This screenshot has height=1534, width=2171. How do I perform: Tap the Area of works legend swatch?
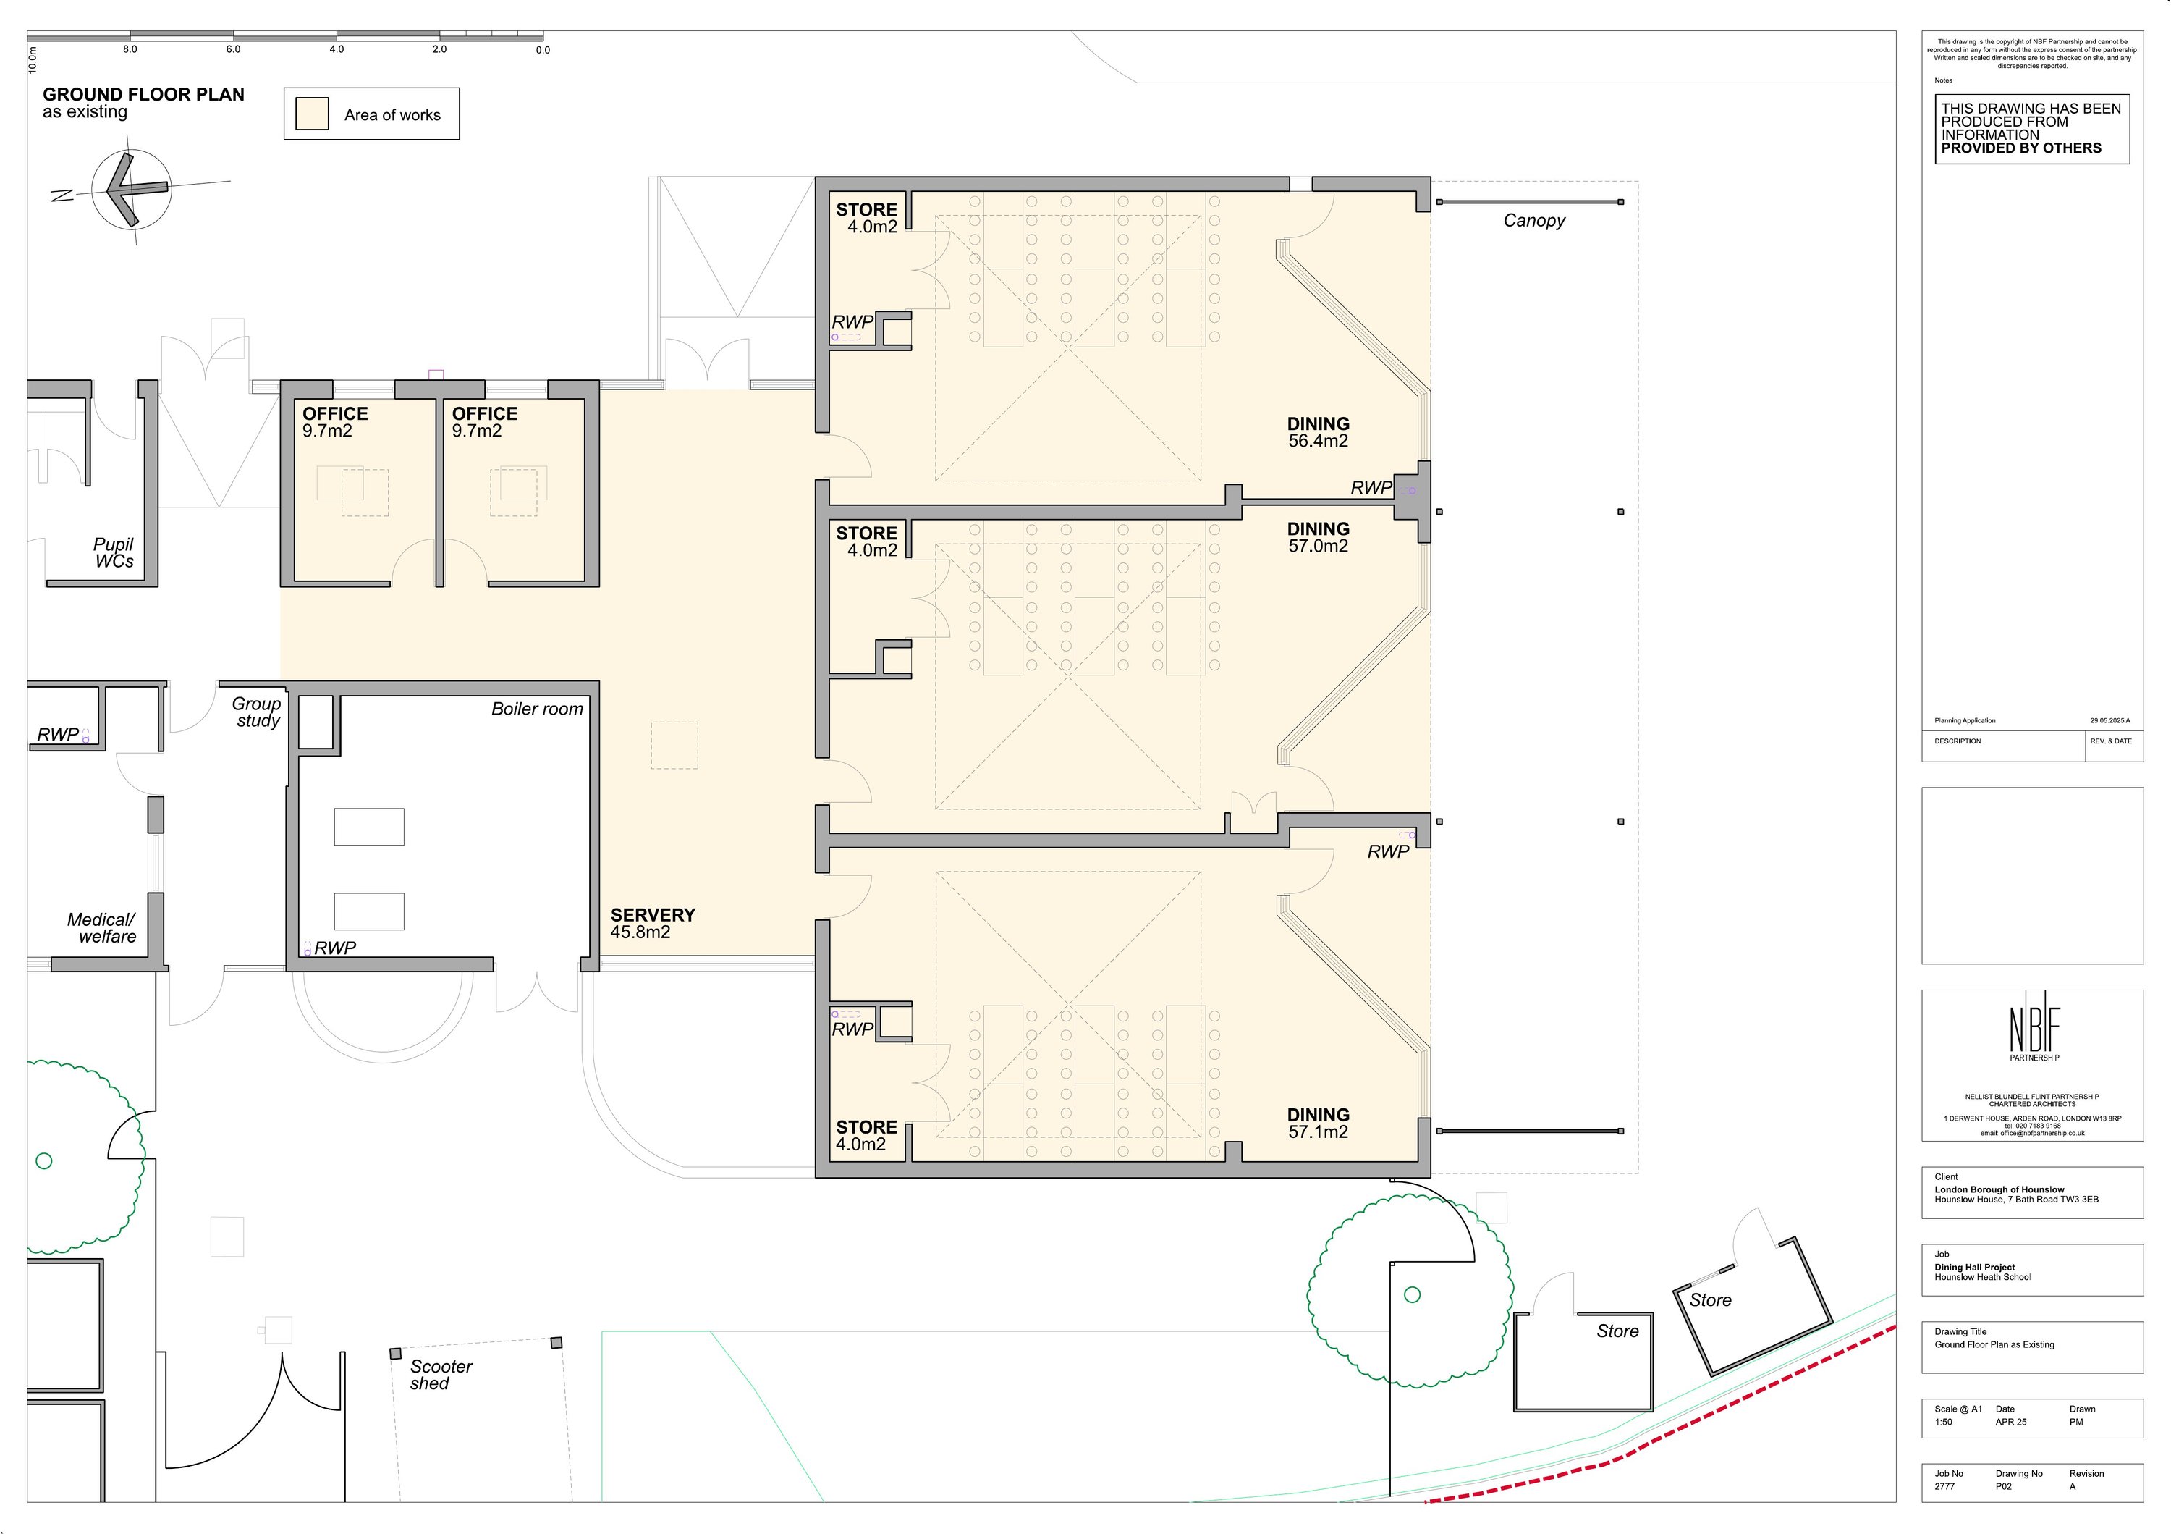pos(312,114)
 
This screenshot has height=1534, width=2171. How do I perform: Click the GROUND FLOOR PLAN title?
pos(144,95)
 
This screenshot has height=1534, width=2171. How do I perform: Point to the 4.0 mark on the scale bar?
pos(337,49)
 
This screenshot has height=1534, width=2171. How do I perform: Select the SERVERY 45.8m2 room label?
pos(653,923)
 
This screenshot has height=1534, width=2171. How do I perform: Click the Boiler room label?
pos(537,709)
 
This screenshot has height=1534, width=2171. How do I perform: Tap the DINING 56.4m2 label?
pos(1318,432)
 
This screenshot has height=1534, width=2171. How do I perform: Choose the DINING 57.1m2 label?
pos(1318,1124)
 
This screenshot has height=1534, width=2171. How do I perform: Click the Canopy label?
pos(1533,220)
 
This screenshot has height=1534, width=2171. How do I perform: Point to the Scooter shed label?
pos(441,1374)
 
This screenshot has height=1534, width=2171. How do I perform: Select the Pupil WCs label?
pos(114,552)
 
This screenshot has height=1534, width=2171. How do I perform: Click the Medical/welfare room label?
pos(102,928)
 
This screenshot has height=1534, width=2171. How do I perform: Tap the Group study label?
pos(257,712)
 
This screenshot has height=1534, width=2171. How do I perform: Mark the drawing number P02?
pos(2004,1487)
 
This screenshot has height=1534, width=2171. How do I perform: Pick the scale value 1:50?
pos(1944,1422)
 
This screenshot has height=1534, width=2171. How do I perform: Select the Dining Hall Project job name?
pos(1974,1268)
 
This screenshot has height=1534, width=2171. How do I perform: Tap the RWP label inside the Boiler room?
pos(335,948)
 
